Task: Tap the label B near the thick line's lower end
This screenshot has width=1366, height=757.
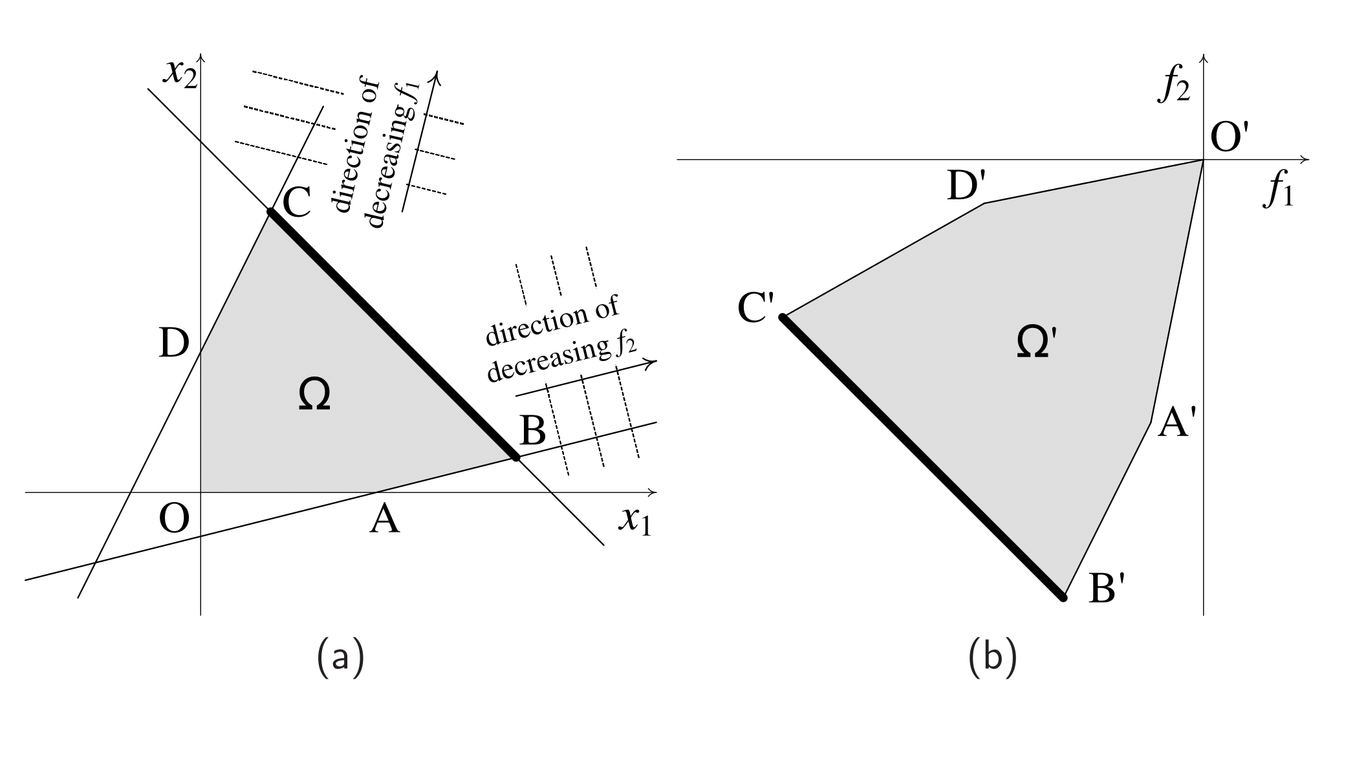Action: tap(532, 430)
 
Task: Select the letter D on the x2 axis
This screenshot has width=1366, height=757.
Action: tap(173, 344)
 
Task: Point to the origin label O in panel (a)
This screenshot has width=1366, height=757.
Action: tap(175, 519)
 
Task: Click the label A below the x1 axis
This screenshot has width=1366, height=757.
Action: tap(385, 520)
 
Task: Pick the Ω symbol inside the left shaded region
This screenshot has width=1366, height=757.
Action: tap(315, 395)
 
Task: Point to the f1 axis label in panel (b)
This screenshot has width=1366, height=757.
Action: tap(1278, 192)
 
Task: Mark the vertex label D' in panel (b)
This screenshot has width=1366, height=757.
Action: tap(966, 186)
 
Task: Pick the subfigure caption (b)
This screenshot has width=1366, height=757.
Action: tap(993, 657)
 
